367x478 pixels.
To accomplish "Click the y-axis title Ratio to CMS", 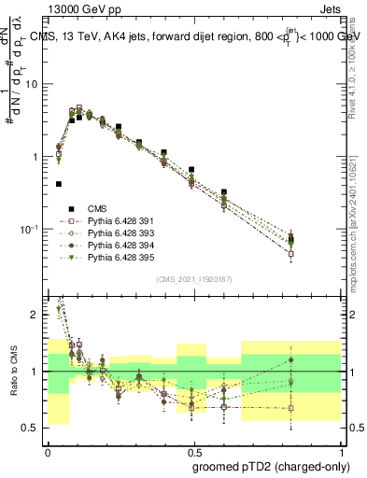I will [x=12, y=369].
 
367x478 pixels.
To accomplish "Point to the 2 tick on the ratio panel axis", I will [x=36, y=315].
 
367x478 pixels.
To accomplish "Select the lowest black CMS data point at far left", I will [x=59, y=185].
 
